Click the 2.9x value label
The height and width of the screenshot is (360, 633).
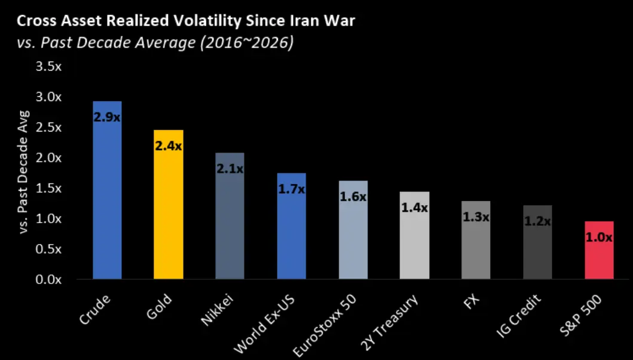click(x=107, y=117)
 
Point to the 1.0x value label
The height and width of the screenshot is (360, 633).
click(x=599, y=237)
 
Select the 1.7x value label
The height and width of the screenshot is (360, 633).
click(x=291, y=190)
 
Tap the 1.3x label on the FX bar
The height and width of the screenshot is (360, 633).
click(x=476, y=217)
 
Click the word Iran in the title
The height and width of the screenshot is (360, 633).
click(x=298, y=22)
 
